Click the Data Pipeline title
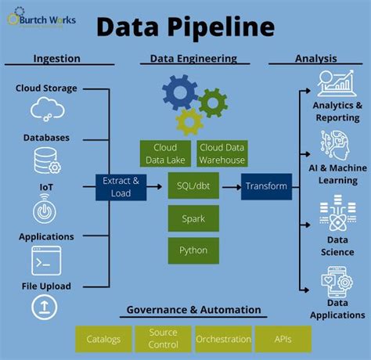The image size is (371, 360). pos(185,27)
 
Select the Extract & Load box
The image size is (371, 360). pos(121,186)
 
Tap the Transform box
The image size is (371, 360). pos(266,186)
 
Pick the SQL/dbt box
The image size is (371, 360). pos(193,186)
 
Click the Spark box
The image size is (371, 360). pos(193,218)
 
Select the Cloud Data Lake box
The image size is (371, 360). pos(166,153)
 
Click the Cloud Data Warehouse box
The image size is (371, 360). pos(222,153)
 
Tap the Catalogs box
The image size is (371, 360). pos(103,339)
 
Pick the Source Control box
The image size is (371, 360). pos(163,339)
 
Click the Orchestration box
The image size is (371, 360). pos(222,339)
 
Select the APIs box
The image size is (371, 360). pos(283,339)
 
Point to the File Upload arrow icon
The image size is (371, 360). pos(45,308)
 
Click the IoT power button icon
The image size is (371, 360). pos(45,211)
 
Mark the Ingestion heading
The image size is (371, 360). pos(56,59)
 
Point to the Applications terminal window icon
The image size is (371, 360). pos(45,260)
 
